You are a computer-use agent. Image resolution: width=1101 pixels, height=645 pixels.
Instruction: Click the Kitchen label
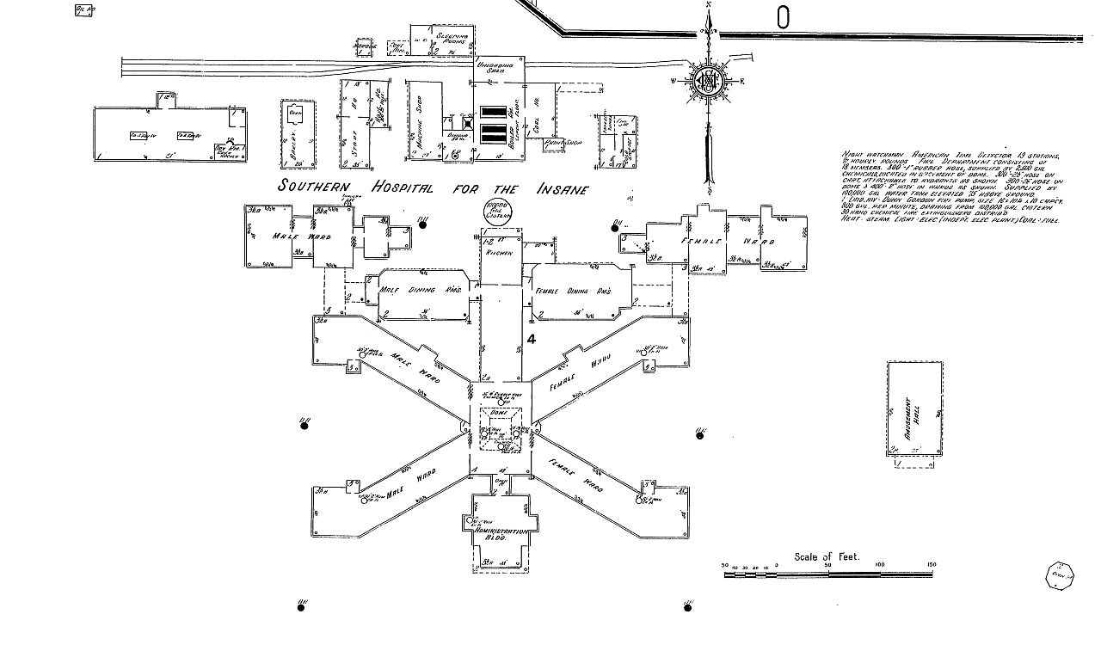pos(500,254)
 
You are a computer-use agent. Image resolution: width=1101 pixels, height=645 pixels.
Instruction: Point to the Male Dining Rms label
pos(421,291)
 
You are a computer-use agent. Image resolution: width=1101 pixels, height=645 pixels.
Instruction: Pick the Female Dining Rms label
pos(573,292)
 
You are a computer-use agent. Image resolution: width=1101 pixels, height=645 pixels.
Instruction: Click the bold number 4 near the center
pos(532,340)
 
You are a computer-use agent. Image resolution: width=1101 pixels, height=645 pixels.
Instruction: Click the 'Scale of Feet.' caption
pos(827,556)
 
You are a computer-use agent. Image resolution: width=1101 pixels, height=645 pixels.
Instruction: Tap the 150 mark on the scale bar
pos(930,565)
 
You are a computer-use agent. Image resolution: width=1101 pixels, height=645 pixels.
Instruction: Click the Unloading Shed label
pos(501,66)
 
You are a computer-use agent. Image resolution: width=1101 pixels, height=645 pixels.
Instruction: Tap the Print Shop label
pos(564,142)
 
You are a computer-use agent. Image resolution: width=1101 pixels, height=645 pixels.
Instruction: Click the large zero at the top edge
pos(783,15)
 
